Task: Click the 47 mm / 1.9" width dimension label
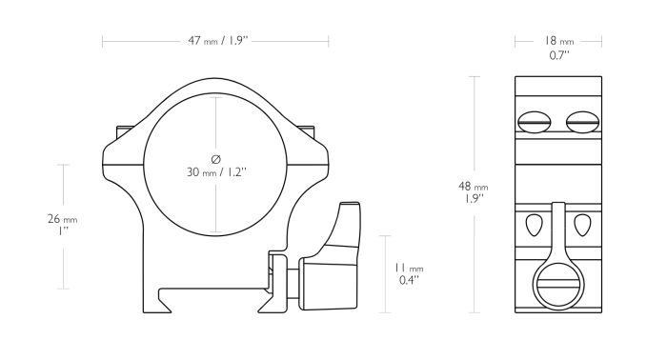[215, 41]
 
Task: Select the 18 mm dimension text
[559, 41]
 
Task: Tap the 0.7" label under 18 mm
[559, 55]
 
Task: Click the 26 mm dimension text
[62, 219]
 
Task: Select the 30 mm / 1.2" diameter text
[217, 172]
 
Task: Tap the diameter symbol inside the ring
[216, 158]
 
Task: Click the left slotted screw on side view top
[535, 121]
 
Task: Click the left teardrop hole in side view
[533, 225]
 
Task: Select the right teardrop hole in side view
[581, 225]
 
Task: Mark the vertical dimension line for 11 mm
[384, 273]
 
